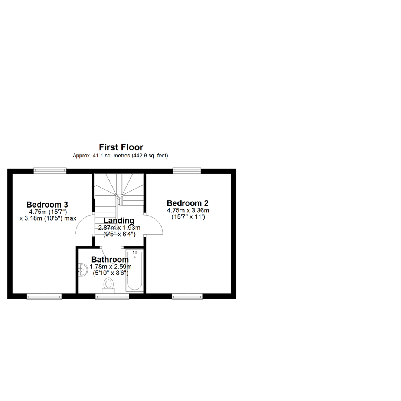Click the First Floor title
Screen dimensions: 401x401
pos(121,147)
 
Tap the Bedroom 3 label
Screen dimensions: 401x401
pos(47,205)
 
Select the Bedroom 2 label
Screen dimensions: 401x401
pos(188,203)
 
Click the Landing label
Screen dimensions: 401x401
pos(119,221)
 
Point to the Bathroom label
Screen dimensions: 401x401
pos(110,259)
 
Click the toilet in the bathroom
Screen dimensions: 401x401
pos(109,286)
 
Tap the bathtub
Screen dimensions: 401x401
pos(134,271)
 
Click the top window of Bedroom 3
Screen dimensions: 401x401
pos(50,170)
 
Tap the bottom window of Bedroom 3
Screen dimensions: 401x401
pos(44,296)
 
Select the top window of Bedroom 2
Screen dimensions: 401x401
pos(187,170)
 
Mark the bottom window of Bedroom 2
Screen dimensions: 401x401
pos(187,296)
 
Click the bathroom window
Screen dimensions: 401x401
pos(112,296)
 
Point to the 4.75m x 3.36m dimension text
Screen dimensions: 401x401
pos(188,211)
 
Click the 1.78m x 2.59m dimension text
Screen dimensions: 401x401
pos(111,267)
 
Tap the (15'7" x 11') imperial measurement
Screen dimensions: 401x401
pos(188,217)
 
